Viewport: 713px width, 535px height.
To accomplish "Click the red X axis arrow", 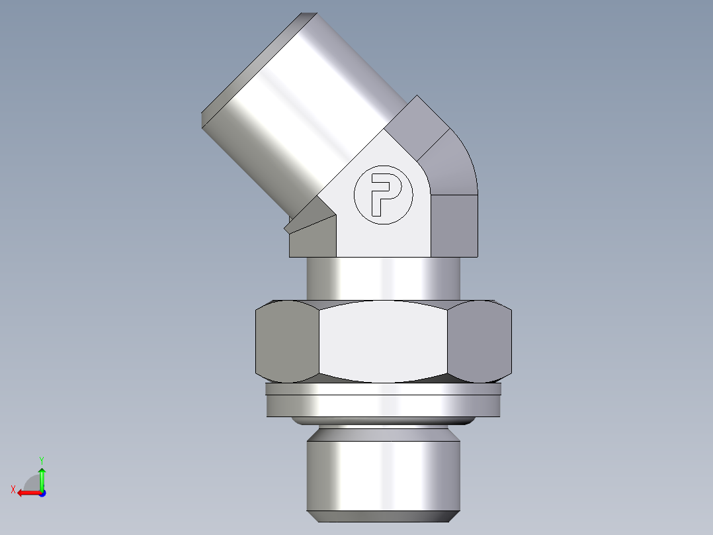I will click(26, 493).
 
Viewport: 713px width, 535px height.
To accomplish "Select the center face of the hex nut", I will click(384, 342).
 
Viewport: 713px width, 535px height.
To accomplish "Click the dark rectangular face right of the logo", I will click(454, 225).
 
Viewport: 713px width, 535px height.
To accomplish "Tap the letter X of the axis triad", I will click(13, 490).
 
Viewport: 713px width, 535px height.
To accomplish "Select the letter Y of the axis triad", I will click(41, 460).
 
